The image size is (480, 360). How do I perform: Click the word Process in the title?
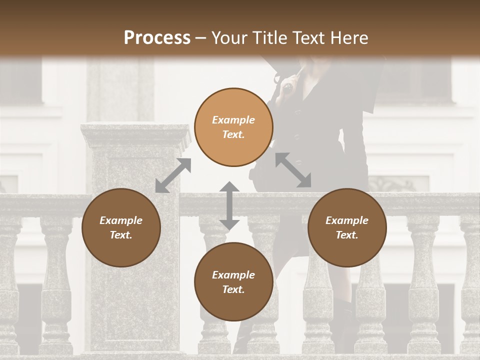(x=157, y=38)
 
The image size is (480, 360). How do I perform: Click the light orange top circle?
(x=233, y=127)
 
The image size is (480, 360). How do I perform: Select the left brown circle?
(x=121, y=227)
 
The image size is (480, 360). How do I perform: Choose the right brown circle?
(x=347, y=227)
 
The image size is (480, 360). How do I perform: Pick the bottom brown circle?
(x=233, y=282)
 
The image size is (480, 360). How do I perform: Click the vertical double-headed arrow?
(x=229, y=206)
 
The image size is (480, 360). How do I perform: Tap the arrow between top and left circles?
(x=173, y=175)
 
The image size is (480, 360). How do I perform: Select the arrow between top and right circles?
(x=293, y=170)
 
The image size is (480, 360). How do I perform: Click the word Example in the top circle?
(x=233, y=120)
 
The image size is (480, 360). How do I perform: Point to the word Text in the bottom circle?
(x=233, y=289)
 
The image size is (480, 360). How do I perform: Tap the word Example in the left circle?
(x=121, y=220)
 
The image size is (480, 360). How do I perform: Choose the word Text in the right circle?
(x=347, y=235)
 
